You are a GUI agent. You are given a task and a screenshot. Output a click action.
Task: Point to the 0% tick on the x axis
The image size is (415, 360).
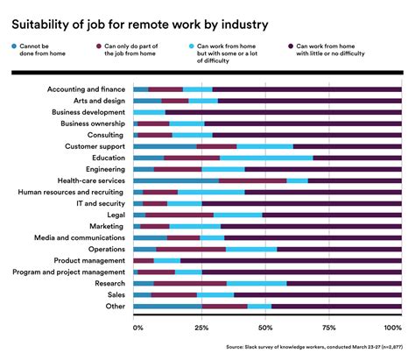click(x=137, y=328)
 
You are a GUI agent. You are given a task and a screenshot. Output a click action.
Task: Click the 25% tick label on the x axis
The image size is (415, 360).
click(x=200, y=328)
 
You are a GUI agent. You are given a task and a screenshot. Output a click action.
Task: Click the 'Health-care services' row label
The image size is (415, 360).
click(x=86, y=180)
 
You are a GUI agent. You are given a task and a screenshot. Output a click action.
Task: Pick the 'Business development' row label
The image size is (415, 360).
click(x=86, y=112)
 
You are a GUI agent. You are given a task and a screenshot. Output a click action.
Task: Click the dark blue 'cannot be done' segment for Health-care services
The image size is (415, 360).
click(x=176, y=180)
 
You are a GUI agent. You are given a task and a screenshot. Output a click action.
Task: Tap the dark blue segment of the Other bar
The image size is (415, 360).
click(x=167, y=306)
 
